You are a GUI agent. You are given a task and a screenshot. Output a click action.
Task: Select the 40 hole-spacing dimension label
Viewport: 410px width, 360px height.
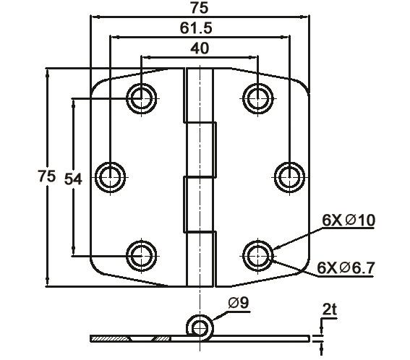(x=200, y=48)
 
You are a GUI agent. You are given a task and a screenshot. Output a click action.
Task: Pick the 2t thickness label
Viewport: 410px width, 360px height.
(x=330, y=309)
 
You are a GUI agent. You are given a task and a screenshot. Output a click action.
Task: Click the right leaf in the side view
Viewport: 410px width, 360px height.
(x=260, y=338)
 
